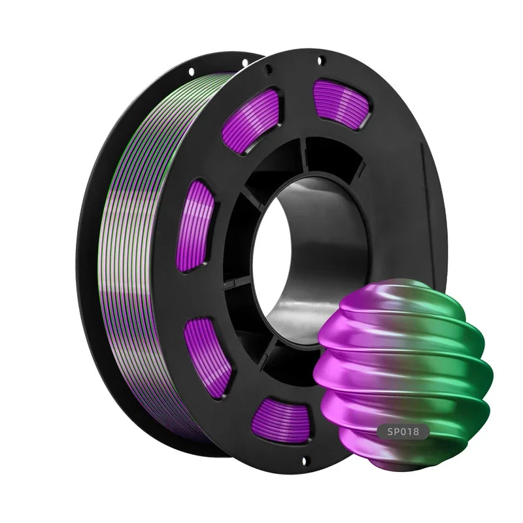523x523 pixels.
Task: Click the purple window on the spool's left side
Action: click(197, 226)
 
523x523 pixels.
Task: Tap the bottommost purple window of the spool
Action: click(281, 418)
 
